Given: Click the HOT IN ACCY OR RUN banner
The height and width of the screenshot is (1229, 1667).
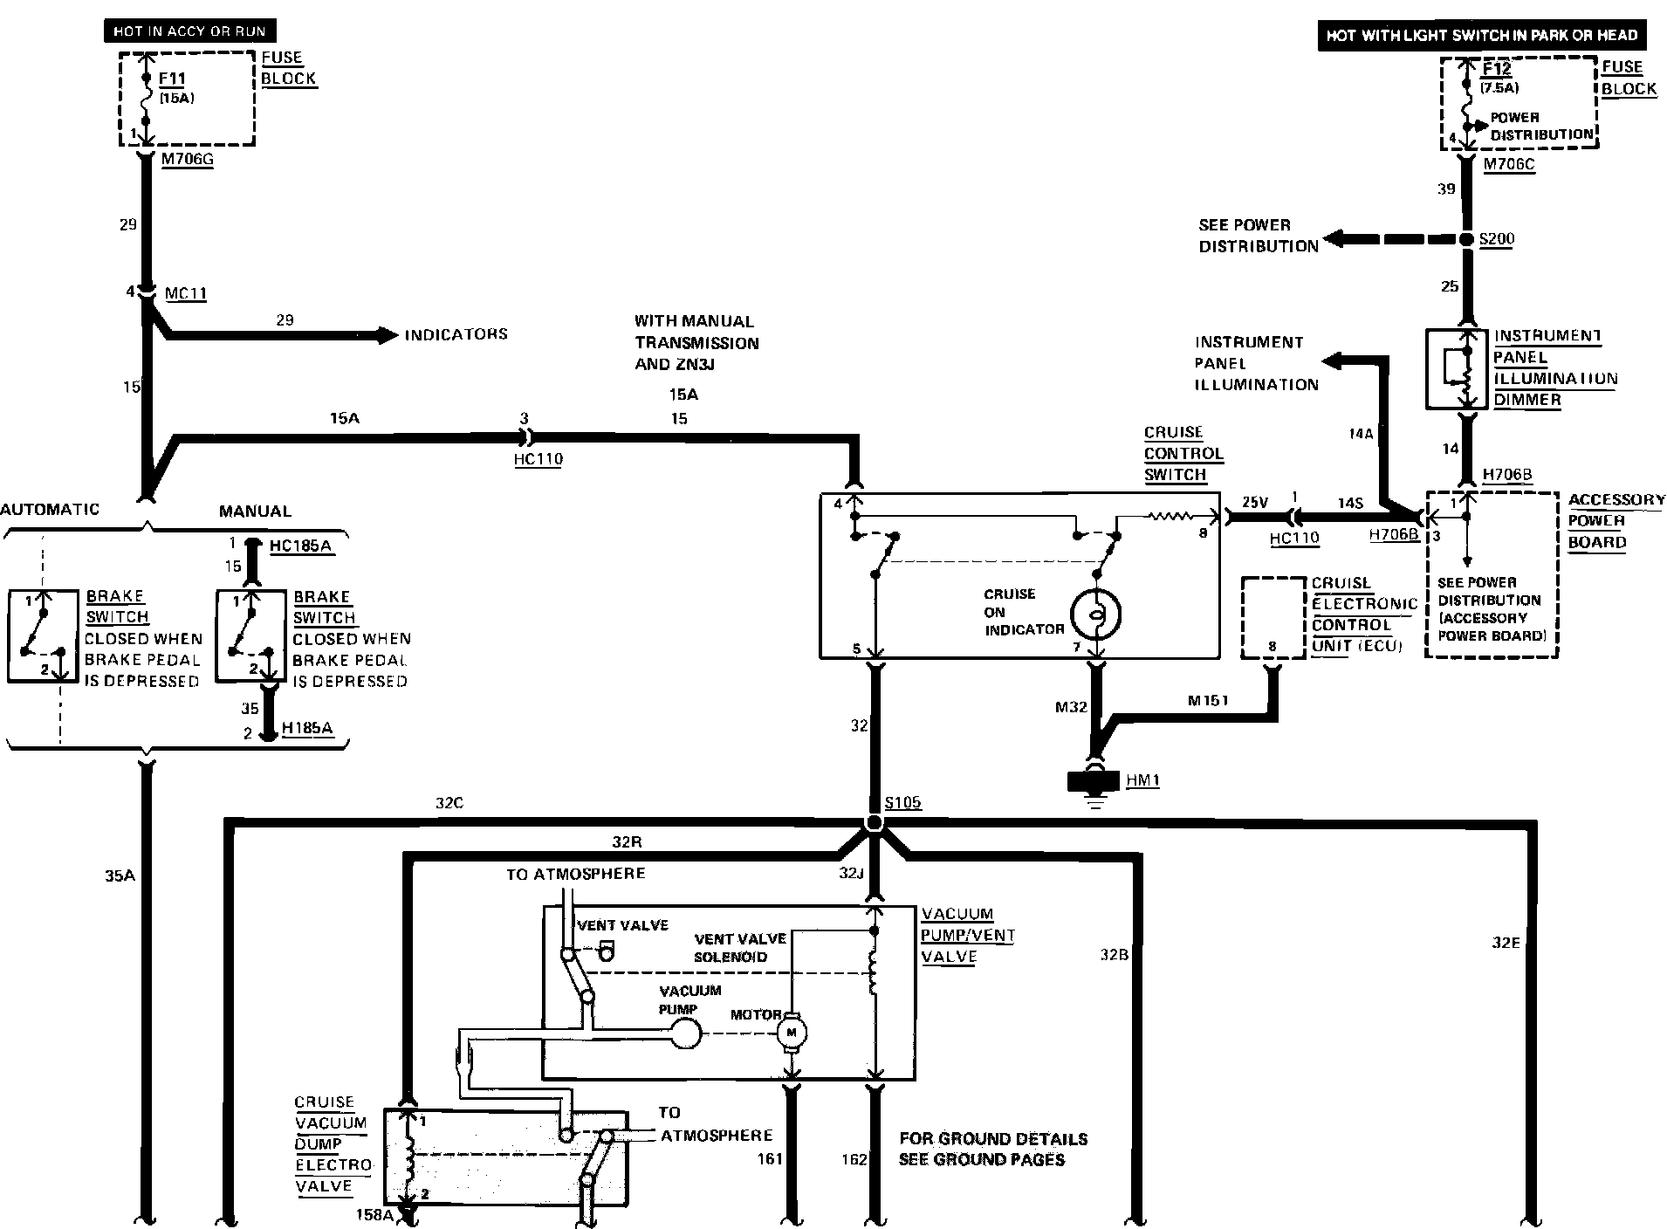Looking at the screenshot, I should click(189, 32).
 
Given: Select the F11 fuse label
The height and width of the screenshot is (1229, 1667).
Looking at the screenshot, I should click(173, 79).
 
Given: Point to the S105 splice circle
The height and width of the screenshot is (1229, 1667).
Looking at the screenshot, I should click(873, 823).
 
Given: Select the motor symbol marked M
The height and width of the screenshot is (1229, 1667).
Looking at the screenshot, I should click(792, 1033).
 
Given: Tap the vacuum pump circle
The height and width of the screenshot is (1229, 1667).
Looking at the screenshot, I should click(686, 1034).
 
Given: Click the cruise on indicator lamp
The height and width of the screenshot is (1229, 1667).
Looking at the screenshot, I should click(1096, 614).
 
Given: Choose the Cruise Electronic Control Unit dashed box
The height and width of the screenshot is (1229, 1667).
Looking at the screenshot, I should click(1273, 618).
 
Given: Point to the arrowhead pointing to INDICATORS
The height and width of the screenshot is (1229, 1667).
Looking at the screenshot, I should click(388, 334).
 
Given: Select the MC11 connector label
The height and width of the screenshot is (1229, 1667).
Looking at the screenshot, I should click(186, 293).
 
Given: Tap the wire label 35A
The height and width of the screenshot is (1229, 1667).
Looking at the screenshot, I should click(120, 875).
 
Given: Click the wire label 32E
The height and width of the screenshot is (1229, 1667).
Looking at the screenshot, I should click(1506, 943).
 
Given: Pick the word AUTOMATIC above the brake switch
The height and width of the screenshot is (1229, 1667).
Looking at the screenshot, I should click(51, 510).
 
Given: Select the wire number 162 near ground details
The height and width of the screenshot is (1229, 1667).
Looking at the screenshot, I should click(854, 1159).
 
